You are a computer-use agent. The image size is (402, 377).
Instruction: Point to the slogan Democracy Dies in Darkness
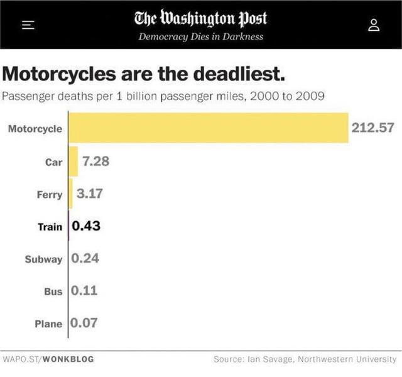pyautogui.click(x=200, y=36)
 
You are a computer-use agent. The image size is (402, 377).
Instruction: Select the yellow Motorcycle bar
pyautogui.click(x=208, y=128)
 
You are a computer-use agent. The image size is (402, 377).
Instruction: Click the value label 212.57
pyautogui.click(x=372, y=128)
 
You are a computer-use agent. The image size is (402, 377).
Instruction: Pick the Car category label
pyautogui.click(x=53, y=161)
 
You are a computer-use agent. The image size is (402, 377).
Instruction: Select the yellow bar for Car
pyautogui.click(x=73, y=161)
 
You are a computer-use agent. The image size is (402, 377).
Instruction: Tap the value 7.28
pyautogui.click(x=95, y=161)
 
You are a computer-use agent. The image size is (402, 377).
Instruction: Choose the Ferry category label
pyautogui.click(x=50, y=194)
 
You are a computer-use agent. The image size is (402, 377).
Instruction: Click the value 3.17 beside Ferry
pyautogui.click(x=89, y=194)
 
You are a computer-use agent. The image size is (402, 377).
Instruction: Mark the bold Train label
pyautogui.click(x=50, y=226)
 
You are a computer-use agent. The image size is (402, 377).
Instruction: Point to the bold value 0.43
pyautogui.click(x=87, y=226)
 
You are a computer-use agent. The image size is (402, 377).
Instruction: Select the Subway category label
pyautogui.click(x=43, y=259)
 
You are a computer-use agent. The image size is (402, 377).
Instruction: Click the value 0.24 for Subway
pyautogui.click(x=85, y=258)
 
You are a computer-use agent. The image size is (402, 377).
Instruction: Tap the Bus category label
pyautogui.click(x=53, y=292)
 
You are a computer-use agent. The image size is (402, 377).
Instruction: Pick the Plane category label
pyautogui.click(x=48, y=324)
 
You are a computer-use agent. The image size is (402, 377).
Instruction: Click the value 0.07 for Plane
pyautogui.click(x=84, y=324)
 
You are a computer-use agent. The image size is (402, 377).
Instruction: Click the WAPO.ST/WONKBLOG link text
pyautogui.click(x=48, y=359)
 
